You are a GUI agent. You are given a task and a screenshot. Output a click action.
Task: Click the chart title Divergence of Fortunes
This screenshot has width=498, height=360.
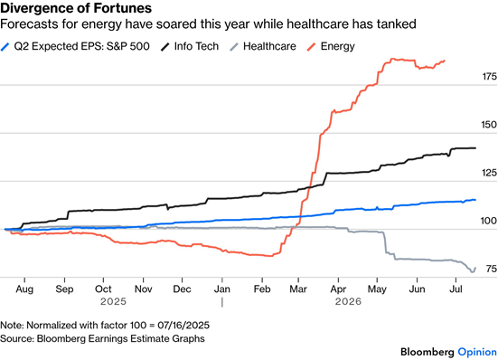[76, 8]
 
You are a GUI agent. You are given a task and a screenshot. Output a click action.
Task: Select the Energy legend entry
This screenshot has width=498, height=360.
[332, 46]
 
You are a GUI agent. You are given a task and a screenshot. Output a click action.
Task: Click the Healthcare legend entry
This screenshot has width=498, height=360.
[263, 46]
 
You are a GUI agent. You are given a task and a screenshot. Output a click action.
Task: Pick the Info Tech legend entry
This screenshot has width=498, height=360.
[190, 46]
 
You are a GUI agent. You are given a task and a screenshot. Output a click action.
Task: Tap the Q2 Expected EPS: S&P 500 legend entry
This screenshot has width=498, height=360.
[75, 46]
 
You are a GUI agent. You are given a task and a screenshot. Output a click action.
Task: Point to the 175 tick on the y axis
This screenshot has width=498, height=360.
[489, 77]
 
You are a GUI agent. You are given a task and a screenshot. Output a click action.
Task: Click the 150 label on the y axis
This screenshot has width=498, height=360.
[489, 125]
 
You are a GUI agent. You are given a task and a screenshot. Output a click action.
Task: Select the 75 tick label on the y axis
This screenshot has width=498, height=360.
[492, 269]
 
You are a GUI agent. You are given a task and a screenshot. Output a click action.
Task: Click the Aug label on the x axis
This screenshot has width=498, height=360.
[24, 289]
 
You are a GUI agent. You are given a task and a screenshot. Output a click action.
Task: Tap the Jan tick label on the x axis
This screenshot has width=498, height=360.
[222, 289]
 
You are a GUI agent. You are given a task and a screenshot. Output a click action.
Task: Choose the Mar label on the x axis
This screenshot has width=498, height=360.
[298, 289]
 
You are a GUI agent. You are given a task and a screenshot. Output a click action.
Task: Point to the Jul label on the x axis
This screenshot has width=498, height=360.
[456, 289]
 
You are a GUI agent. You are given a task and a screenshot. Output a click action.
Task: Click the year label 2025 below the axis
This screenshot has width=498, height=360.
[113, 301]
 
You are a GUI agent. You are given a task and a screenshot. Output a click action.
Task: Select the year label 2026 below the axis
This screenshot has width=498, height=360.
[348, 301]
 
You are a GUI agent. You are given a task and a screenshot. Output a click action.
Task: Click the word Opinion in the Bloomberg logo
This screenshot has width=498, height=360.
[477, 352]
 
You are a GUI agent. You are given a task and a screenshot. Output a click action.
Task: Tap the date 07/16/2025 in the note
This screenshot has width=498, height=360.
[183, 326]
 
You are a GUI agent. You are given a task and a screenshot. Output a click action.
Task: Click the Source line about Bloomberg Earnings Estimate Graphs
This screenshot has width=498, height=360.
[102, 338]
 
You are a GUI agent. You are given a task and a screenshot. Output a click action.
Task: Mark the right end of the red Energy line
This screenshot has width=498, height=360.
[445, 61]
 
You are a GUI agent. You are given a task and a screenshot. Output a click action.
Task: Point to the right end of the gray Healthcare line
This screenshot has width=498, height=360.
[475, 268]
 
